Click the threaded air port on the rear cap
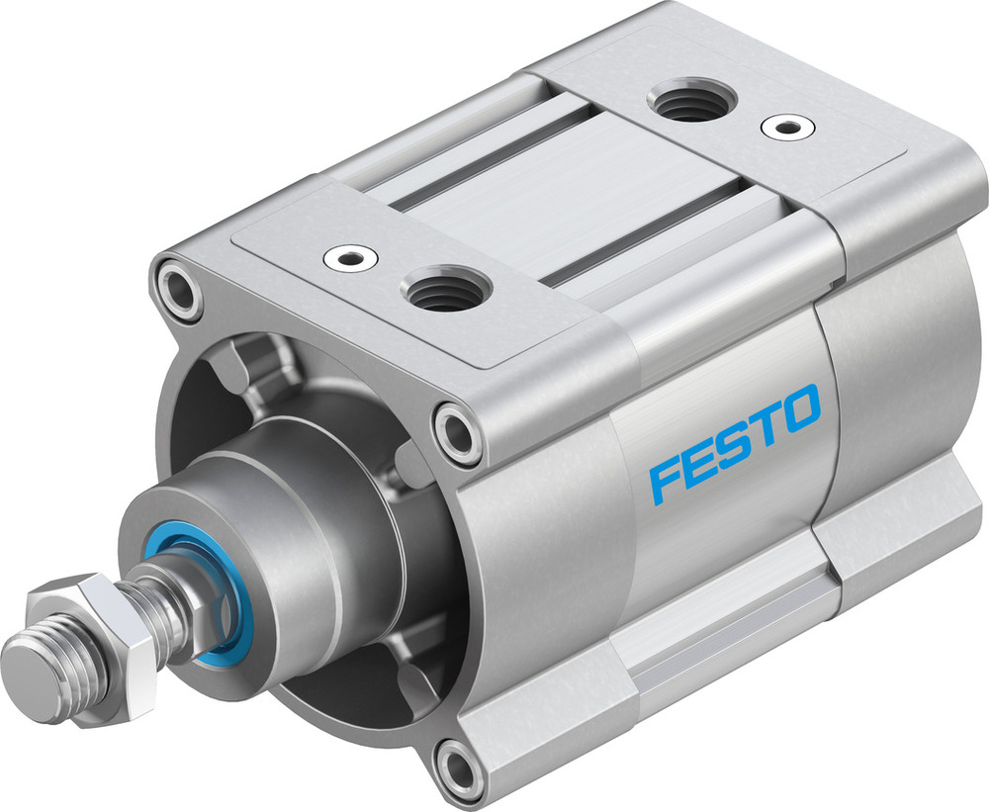click(690, 101)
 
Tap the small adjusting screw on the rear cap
click(788, 127)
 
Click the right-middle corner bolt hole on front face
click(456, 430)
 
